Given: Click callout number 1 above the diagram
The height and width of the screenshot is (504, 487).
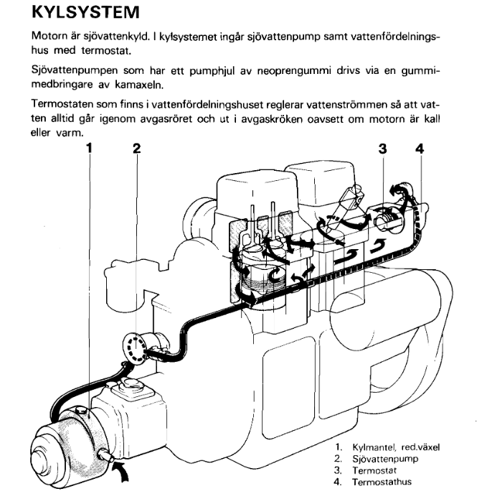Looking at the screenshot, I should point(89,149).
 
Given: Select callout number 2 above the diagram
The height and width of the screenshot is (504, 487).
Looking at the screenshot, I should point(137,149).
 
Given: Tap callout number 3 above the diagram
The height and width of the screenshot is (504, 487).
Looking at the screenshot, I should point(382,149).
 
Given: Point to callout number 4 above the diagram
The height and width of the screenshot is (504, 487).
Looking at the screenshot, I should point(420,149).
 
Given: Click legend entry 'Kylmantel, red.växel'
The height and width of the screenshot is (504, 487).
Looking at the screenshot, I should point(396,447).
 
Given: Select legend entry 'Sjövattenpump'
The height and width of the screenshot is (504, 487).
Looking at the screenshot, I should point(383,458).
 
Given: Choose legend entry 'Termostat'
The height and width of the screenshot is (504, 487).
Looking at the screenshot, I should point(376,470).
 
